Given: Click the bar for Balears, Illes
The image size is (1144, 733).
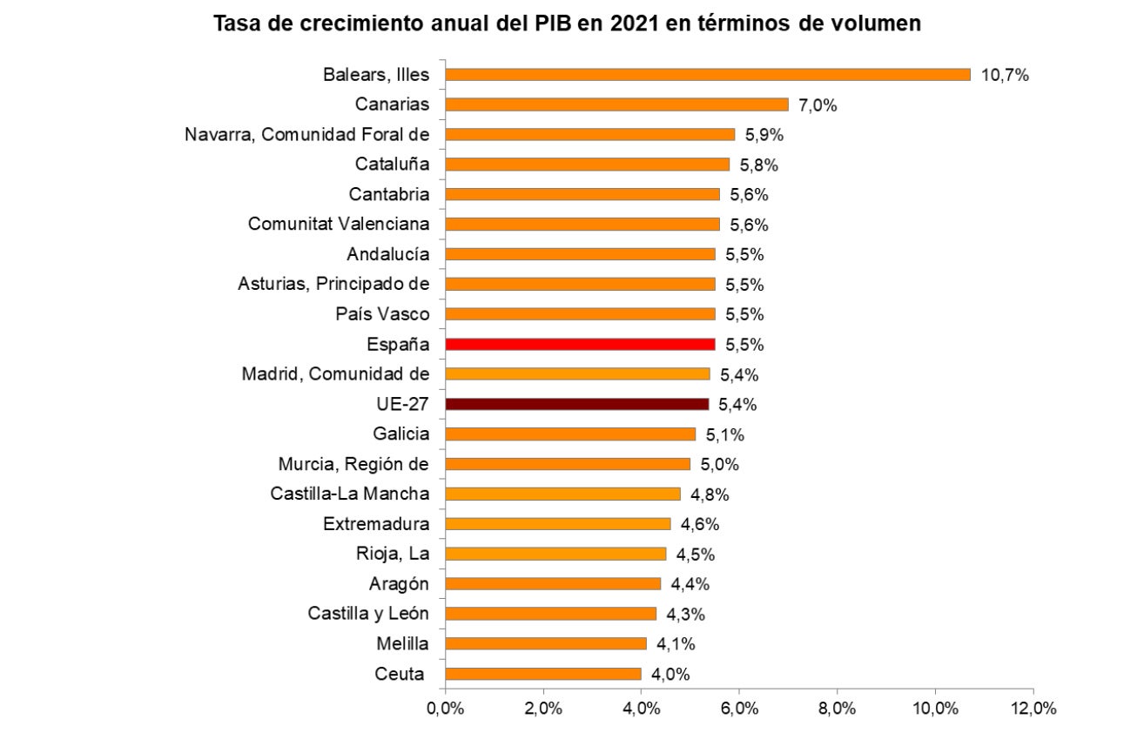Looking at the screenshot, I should [707, 75].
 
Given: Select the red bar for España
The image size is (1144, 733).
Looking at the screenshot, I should [580, 344].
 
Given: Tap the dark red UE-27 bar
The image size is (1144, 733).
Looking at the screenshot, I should [576, 404].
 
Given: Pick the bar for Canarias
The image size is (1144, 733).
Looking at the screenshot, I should [616, 104].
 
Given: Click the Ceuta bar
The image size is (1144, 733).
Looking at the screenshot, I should [542, 674].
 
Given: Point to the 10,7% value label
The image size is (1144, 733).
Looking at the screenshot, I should [1005, 75].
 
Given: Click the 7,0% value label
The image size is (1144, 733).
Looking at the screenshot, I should [818, 105].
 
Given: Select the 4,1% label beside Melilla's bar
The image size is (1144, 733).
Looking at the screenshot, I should [676, 644].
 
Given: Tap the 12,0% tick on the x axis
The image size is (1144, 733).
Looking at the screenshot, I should [1033, 709].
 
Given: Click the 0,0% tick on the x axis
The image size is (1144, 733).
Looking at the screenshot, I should [445, 709].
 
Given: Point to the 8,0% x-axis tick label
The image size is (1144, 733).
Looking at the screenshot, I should [838, 709].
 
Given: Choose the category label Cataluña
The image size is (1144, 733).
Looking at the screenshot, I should [393, 165].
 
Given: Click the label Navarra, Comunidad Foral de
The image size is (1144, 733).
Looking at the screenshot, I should [307, 135].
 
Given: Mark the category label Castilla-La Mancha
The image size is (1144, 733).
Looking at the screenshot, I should [350, 494].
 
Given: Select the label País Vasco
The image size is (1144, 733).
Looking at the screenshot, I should [383, 314].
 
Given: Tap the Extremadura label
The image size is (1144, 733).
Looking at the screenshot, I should [376, 524].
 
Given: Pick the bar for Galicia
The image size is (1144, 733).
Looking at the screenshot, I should [570, 434].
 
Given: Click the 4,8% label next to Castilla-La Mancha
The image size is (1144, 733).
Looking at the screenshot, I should [710, 494].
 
